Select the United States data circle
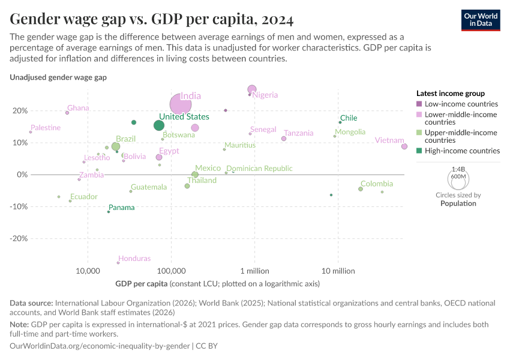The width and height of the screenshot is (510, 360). (159, 125)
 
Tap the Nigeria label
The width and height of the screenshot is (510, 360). (265, 95)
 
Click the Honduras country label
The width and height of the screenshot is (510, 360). (134, 259)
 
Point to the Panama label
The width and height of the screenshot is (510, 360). (122, 208)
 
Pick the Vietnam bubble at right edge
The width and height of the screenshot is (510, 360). (404, 146)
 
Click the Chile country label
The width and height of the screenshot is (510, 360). (349, 118)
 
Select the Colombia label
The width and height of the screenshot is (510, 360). (377, 184)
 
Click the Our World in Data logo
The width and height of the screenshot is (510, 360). (481, 20)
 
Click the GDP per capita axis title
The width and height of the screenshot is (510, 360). (141, 283)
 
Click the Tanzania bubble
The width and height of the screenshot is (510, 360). (284, 139)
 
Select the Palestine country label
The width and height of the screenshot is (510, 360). (46, 128)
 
